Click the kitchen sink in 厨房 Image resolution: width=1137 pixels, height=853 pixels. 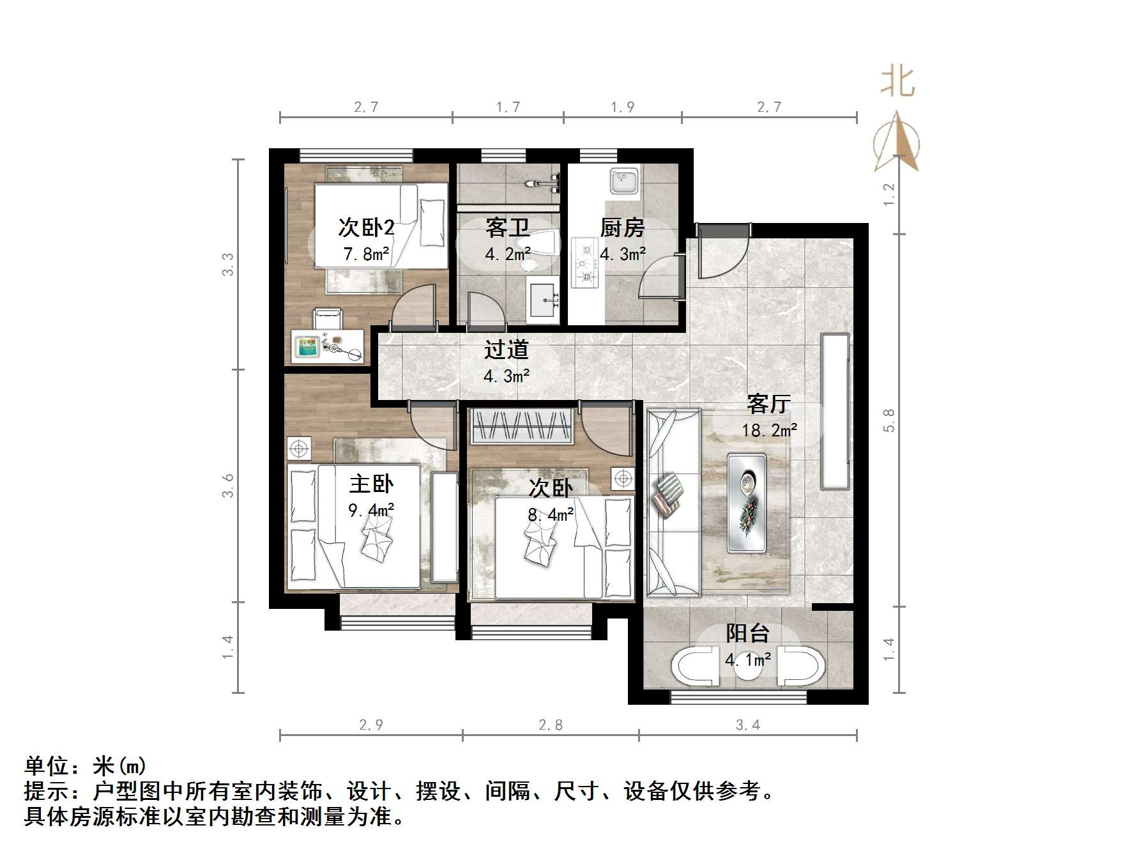click(x=623, y=181)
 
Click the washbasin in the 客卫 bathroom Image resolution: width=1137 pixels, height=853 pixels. click(x=543, y=300)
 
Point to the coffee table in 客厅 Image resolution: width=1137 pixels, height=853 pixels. click(x=746, y=503)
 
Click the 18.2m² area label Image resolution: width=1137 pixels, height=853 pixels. click(x=769, y=430)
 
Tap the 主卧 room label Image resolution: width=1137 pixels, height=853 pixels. click(x=371, y=484)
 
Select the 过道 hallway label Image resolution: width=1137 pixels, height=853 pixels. click(x=507, y=350)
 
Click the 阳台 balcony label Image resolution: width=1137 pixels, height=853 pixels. click(x=747, y=633)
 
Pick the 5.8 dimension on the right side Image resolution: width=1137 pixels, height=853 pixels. click(x=889, y=420)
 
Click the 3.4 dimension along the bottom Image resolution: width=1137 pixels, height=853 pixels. click(x=748, y=725)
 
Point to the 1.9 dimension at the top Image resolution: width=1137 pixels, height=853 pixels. click(x=622, y=107)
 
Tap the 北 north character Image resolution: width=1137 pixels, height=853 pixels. click(x=897, y=82)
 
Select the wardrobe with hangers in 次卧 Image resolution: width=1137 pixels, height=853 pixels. click(x=521, y=426)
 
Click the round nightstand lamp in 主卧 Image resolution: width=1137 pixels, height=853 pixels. click(x=298, y=449)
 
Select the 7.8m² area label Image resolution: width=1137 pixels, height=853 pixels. click(x=366, y=254)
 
